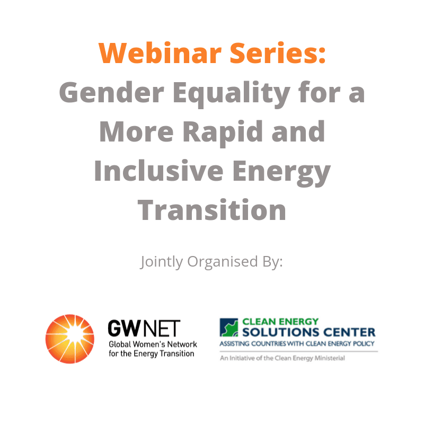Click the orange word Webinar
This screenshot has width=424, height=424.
click(160, 53)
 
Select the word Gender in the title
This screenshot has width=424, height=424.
click(112, 92)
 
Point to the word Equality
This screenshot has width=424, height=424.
click(232, 94)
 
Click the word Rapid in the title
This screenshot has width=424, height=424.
click(223, 134)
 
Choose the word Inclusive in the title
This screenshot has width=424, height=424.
click(158, 171)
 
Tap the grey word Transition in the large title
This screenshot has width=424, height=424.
click(211, 210)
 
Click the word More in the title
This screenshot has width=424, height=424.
click(137, 131)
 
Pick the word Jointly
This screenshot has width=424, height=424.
click(162, 262)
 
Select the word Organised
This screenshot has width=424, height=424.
click(223, 262)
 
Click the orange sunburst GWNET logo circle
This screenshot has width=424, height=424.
click(70, 339)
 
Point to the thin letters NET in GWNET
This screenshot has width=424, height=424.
click(161, 328)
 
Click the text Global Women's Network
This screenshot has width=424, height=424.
click(153, 344)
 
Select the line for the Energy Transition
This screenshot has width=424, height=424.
click(152, 354)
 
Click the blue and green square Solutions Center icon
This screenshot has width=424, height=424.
click(229, 328)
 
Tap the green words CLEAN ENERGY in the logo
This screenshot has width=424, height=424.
click(280, 322)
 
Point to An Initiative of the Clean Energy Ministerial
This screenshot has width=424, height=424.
click(282, 358)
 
